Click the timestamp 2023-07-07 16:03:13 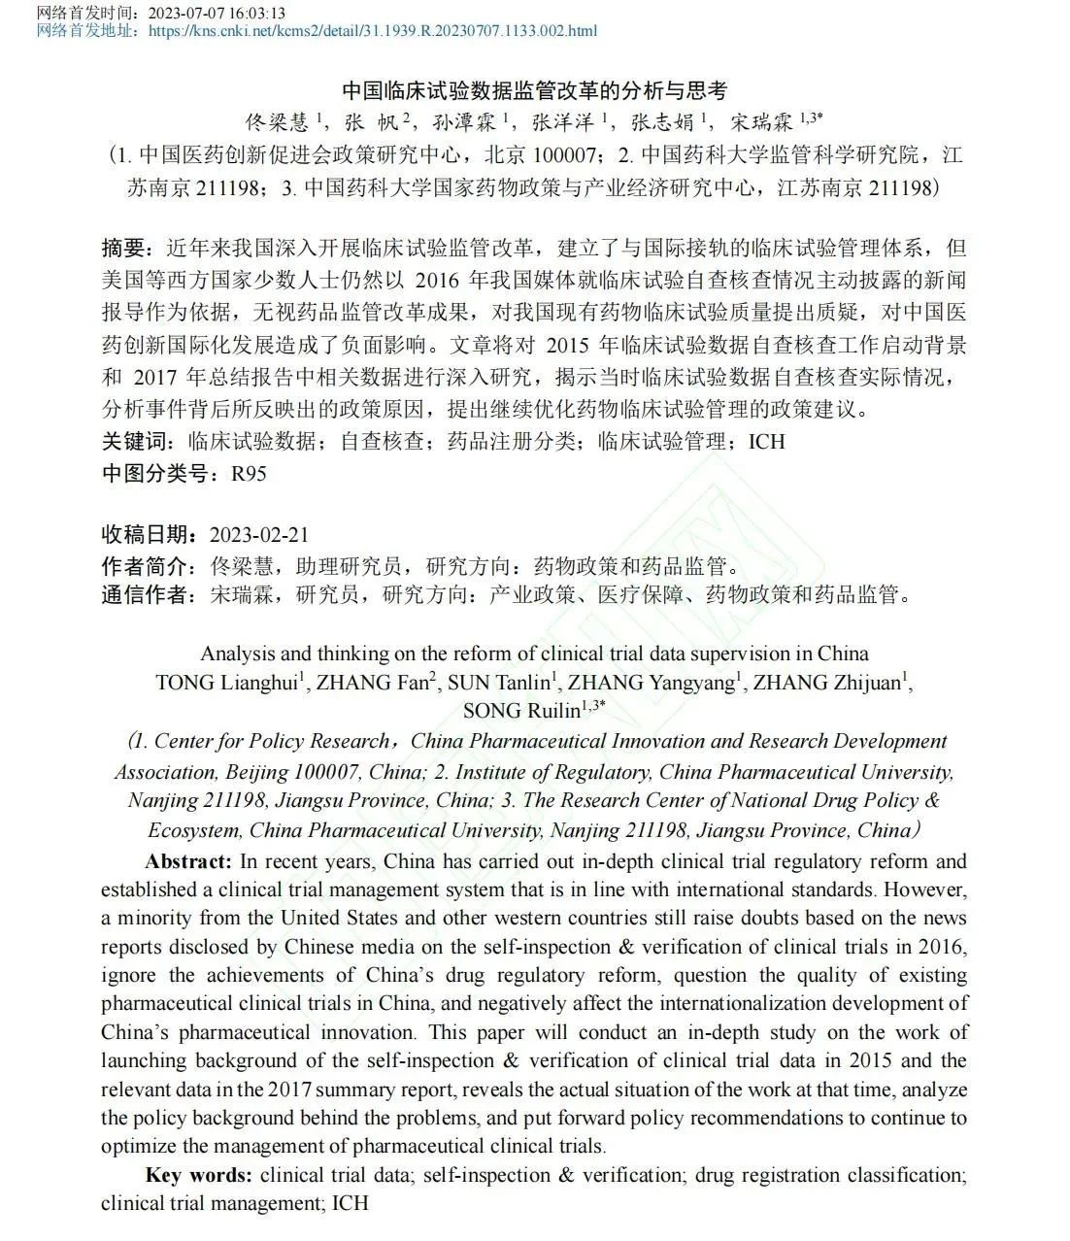215,13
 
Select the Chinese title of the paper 534,91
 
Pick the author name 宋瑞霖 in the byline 762,121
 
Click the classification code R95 248,474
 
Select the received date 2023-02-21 259,535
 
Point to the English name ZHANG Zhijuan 827,683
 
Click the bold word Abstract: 188,861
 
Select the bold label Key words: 198,1175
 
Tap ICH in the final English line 351,1204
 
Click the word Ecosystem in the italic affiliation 193,831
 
